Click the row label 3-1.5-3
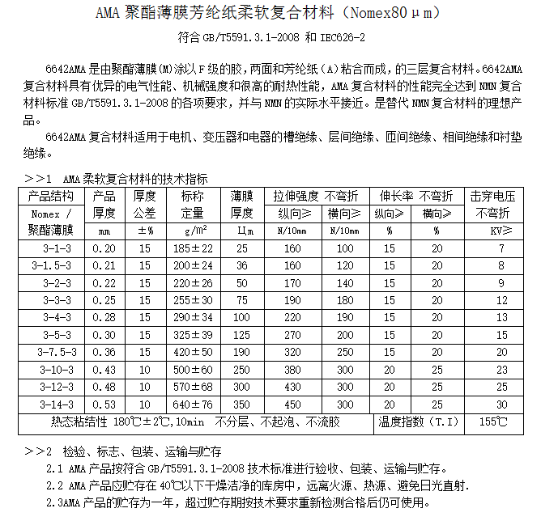tap(51, 265)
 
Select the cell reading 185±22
tap(193, 248)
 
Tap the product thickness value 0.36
tap(104, 352)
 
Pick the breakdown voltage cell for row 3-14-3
tap(501, 405)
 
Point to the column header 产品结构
tap(51, 197)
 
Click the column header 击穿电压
tap(493, 197)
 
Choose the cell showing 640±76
tap(193, 405)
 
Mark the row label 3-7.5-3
tap(51, 352)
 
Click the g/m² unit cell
tap(193, 231)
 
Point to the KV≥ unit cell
tap(501, 231)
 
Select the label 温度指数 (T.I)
tap(418, 422)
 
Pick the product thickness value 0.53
tap(104, 405)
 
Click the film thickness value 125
tap(241, 335)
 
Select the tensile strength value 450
tap(292, 405)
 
